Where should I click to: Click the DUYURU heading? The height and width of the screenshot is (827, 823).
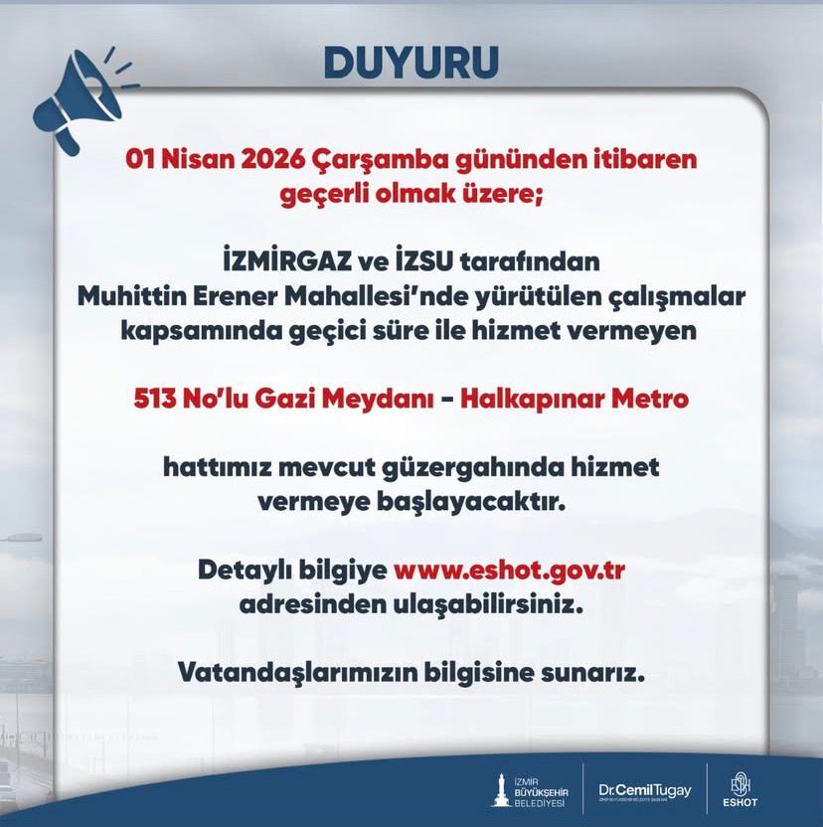click(411, 61)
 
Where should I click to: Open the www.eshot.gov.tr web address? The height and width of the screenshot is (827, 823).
click(515, 571)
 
